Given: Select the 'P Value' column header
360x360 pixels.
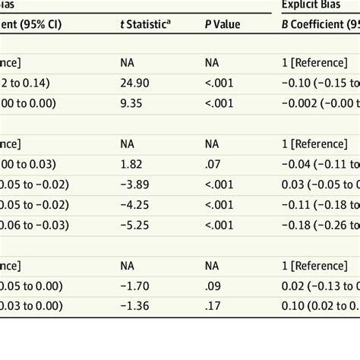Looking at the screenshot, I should [223, 24].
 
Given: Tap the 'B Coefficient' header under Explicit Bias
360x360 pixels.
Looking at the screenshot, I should [319, 24].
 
